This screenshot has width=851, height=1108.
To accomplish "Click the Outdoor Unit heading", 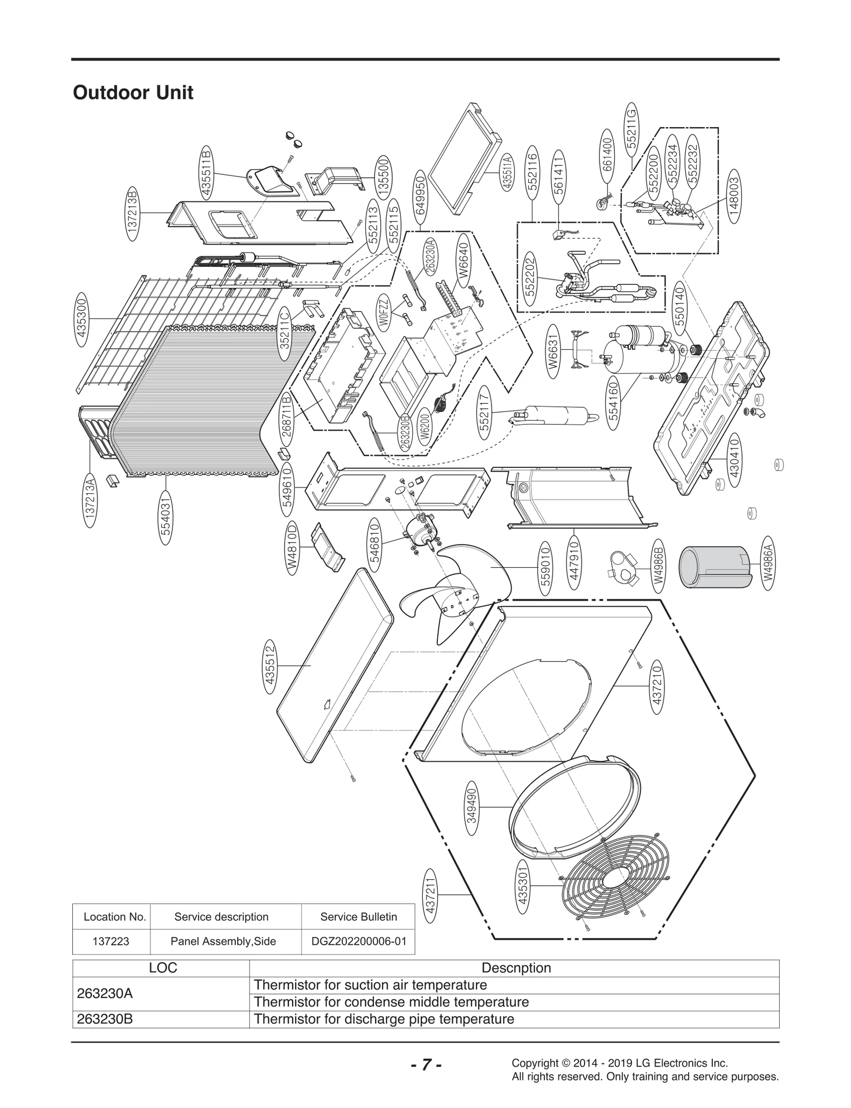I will pos(133,93).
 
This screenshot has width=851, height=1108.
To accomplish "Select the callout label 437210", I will pos(657,685).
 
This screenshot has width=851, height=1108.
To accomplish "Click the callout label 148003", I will pos(734,196).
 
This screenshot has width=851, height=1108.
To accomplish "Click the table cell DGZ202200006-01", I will pos(358,941).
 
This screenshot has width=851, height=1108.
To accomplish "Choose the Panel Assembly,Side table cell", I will pos(223,941).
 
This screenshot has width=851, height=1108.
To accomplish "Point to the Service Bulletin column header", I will pos(358,917).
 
